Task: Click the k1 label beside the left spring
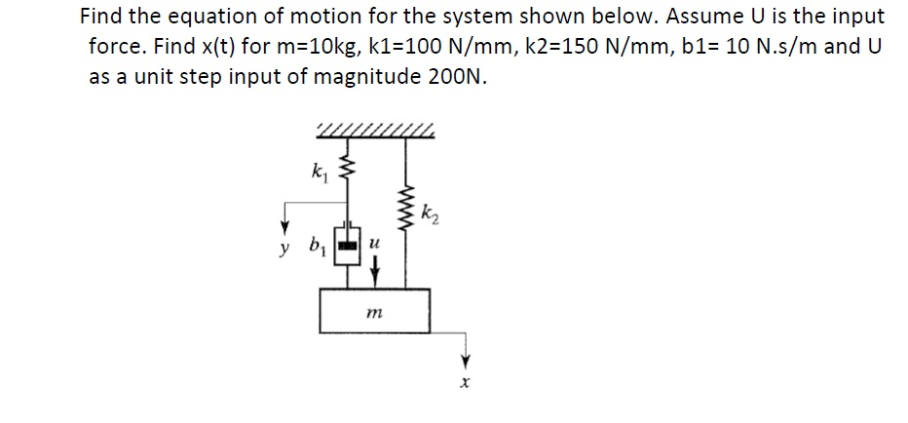318,176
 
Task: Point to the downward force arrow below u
374,263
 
